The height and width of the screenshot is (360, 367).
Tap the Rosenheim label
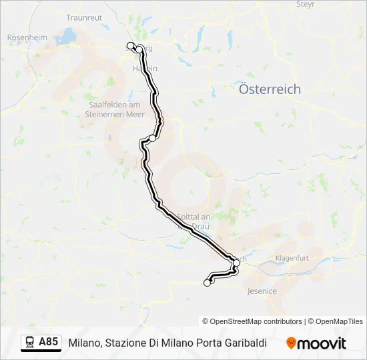point(27,38)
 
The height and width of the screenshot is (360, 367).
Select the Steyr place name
point(305,4)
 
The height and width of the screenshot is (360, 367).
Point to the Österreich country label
point(270,89)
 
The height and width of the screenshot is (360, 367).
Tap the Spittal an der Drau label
point(194,221)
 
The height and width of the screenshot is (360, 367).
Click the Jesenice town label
point(262,291)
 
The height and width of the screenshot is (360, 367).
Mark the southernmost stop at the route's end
point(207,283)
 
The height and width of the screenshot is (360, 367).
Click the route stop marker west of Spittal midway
point(153,138)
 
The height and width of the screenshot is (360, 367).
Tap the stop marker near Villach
point(236,263)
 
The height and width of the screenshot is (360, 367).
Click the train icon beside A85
point(30,343)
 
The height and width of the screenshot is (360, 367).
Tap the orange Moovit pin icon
point(292,343)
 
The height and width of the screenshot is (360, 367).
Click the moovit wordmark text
point(322,343)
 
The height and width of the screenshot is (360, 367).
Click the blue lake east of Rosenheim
point(68,35)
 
